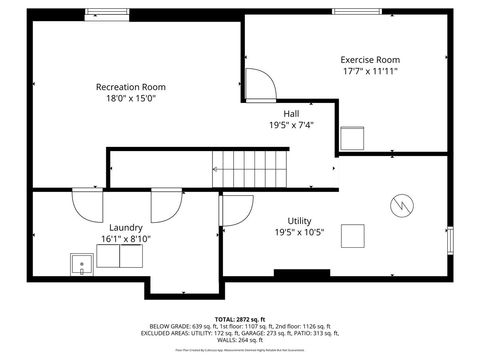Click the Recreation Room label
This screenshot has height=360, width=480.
click(x=130, y=86)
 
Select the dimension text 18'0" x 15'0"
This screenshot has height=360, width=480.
click(x=130, y=98)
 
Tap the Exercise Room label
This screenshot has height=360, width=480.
click(x=369, y=60)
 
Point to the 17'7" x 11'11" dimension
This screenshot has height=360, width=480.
click(x=369, y=72)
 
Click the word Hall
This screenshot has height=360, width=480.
click(x=291, y=113)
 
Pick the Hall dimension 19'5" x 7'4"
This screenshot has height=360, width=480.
click(x=291, y=125)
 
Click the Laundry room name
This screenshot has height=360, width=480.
click(x=126, y=228)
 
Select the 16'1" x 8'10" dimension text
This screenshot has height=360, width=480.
click(x=126, y=240)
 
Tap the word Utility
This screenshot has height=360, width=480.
click(x=299, y=220)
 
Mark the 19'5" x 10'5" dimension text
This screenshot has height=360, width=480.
click(x=299, y=232)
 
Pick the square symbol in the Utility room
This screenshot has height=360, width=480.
click(x=353, y=236)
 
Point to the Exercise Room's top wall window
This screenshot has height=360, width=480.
click(x=363, y=12)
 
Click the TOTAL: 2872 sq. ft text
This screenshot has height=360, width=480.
click(x=239, y=318)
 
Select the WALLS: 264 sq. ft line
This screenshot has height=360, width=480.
click(x=239, y=342)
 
